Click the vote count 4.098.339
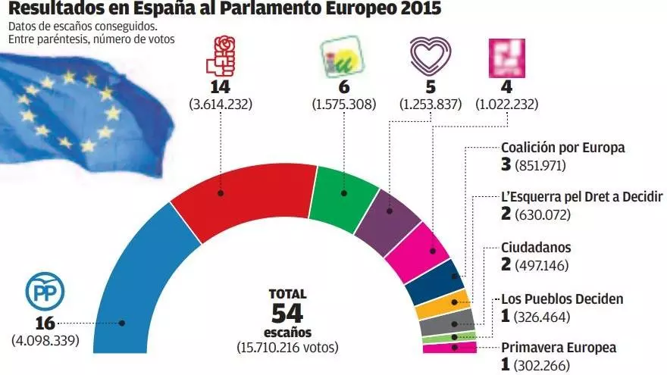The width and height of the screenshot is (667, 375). coord(45,340)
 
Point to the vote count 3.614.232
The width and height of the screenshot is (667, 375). coord(221,104)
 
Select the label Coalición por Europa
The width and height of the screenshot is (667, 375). coord(563,148)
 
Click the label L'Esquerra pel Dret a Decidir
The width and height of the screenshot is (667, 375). coord(582,197)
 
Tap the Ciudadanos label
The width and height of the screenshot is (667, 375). coord(537,248)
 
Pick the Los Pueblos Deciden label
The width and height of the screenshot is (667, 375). coord(562,298)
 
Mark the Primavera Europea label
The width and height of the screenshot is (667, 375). coord(559,348)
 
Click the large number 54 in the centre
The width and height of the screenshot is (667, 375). coord(287,313)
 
